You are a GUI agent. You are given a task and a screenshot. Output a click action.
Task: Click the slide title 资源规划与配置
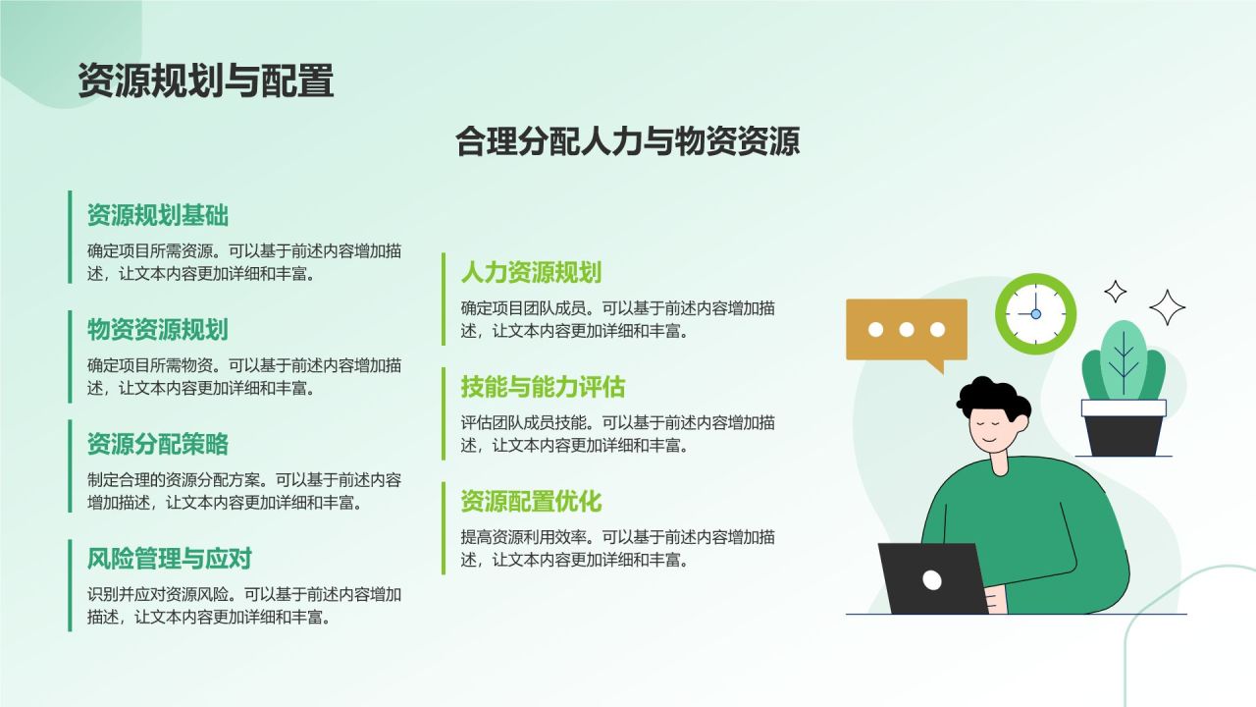(x=206, y=82)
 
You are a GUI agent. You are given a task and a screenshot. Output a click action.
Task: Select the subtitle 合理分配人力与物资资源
(x=628, y=141)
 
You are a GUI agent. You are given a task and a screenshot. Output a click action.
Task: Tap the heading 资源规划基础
(x=158, y=214)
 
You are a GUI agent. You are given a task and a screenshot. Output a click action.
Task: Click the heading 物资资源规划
(x=158, y=329)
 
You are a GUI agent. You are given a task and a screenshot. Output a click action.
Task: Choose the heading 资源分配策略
(x=158, y=444)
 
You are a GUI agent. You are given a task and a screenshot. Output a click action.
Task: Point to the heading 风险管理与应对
(x=170, y=559)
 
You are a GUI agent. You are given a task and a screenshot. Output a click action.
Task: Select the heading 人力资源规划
(x=531, y=272)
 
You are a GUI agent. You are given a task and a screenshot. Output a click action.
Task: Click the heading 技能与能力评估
(x=543, y=387)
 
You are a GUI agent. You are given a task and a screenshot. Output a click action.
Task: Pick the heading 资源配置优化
(x=531, y=502)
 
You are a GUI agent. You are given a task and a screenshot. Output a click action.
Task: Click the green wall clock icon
(x=1035, y=314)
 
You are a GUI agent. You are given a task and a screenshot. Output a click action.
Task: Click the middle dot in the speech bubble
(x=907, y=330)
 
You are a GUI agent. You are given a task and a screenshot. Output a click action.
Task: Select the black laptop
(x=932, y=579)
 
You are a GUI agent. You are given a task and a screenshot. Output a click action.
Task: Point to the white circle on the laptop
(x=932, y=580)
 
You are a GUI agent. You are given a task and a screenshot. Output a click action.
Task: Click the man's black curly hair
(x=991, y=397)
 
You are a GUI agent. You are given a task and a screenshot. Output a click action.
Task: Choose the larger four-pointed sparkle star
(x=1168, y=307)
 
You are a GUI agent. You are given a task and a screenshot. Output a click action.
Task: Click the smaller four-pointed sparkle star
(x=1116, y=291)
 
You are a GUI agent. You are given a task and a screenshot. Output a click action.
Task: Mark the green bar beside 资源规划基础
(x=71, y=237)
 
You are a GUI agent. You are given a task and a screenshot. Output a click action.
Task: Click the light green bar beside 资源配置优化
(x=444, y=527)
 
